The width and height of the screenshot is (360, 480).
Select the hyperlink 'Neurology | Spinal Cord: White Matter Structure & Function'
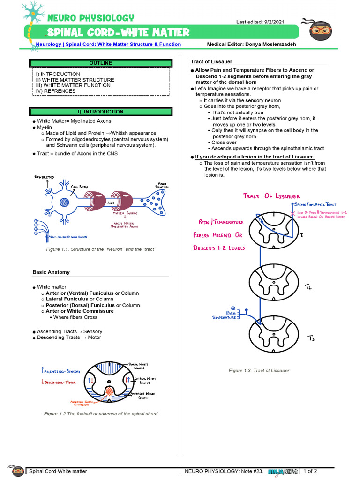point(108,44)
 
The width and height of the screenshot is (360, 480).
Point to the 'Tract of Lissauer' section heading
point(211,62)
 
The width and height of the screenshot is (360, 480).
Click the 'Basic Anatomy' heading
point(51,272)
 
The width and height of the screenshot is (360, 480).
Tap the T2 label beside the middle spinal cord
point(308,286)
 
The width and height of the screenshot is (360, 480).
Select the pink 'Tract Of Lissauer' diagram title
point(271,196)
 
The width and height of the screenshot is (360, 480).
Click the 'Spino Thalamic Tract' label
point(315,205)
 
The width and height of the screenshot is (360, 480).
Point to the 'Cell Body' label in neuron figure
point(79,187)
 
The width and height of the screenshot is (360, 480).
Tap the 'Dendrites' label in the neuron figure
point(44,177)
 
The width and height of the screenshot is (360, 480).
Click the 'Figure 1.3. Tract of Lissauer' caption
point(259,370)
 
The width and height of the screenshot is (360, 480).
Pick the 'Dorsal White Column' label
point(139,365)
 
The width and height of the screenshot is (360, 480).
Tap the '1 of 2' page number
point(310,471)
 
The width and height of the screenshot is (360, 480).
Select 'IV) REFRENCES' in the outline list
point(56,91)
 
